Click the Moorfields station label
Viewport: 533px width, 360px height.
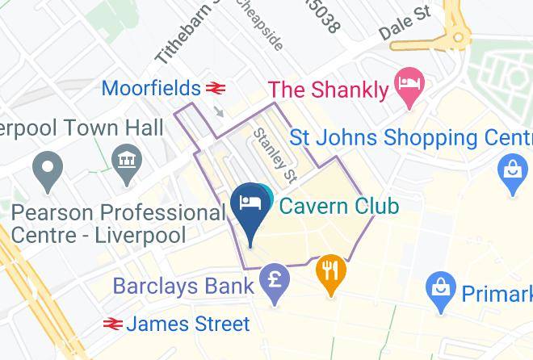pyautogui.click(x=151, y=87)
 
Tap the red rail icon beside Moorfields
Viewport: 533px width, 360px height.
pyautogui.click(x=215, y=87)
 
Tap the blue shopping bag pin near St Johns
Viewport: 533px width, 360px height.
pyautogui.click(x=512, y=172)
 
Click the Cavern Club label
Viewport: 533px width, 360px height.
pyautogui.click(x=339, y=206)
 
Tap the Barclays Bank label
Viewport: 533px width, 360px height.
pyautogui.click(x=183, y=286)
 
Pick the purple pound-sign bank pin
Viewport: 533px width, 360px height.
pyautogui.click(x=275, y=283)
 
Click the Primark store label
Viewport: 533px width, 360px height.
pyautogui.click(x=497, y=292)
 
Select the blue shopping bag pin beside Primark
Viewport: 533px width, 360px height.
pyautogui.click(x=442, y=288)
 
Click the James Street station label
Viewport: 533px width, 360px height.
pyautogui.click(x=187, y=324)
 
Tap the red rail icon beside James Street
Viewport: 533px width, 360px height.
pyautogui.click(x=113, y=324)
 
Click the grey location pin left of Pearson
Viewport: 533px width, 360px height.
pyautogui.click(x=47, y=170)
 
